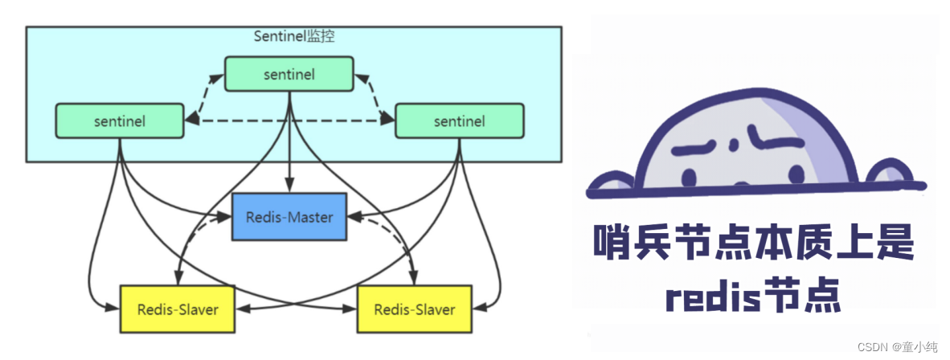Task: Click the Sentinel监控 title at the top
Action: (294, 36)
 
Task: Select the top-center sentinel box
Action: (289, 74)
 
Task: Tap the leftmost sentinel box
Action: (119, 121)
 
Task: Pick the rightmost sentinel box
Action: (459, 121)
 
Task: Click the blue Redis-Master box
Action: (289, 216)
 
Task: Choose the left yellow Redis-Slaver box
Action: (177, 309)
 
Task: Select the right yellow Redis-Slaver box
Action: (414, 309)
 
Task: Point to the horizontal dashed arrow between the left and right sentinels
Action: (289, 121)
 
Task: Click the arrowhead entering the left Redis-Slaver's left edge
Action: (113, 306)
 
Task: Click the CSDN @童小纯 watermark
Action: (897, 346)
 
